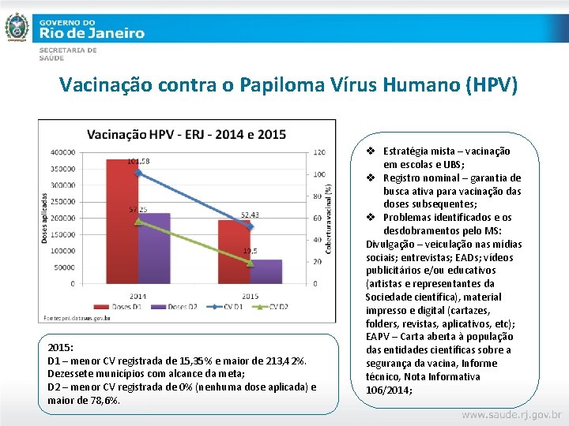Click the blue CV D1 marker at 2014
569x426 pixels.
[x=138, y=172]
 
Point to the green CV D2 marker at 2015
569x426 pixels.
[x=250, y=263]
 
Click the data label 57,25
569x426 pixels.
[x=138, y=210]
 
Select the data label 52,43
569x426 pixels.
[x=250, y=215]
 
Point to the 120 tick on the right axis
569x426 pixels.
[x=318, y=152]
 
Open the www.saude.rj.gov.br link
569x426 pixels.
[x=511, y=414]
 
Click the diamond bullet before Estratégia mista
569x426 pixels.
[x=371, y=151]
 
